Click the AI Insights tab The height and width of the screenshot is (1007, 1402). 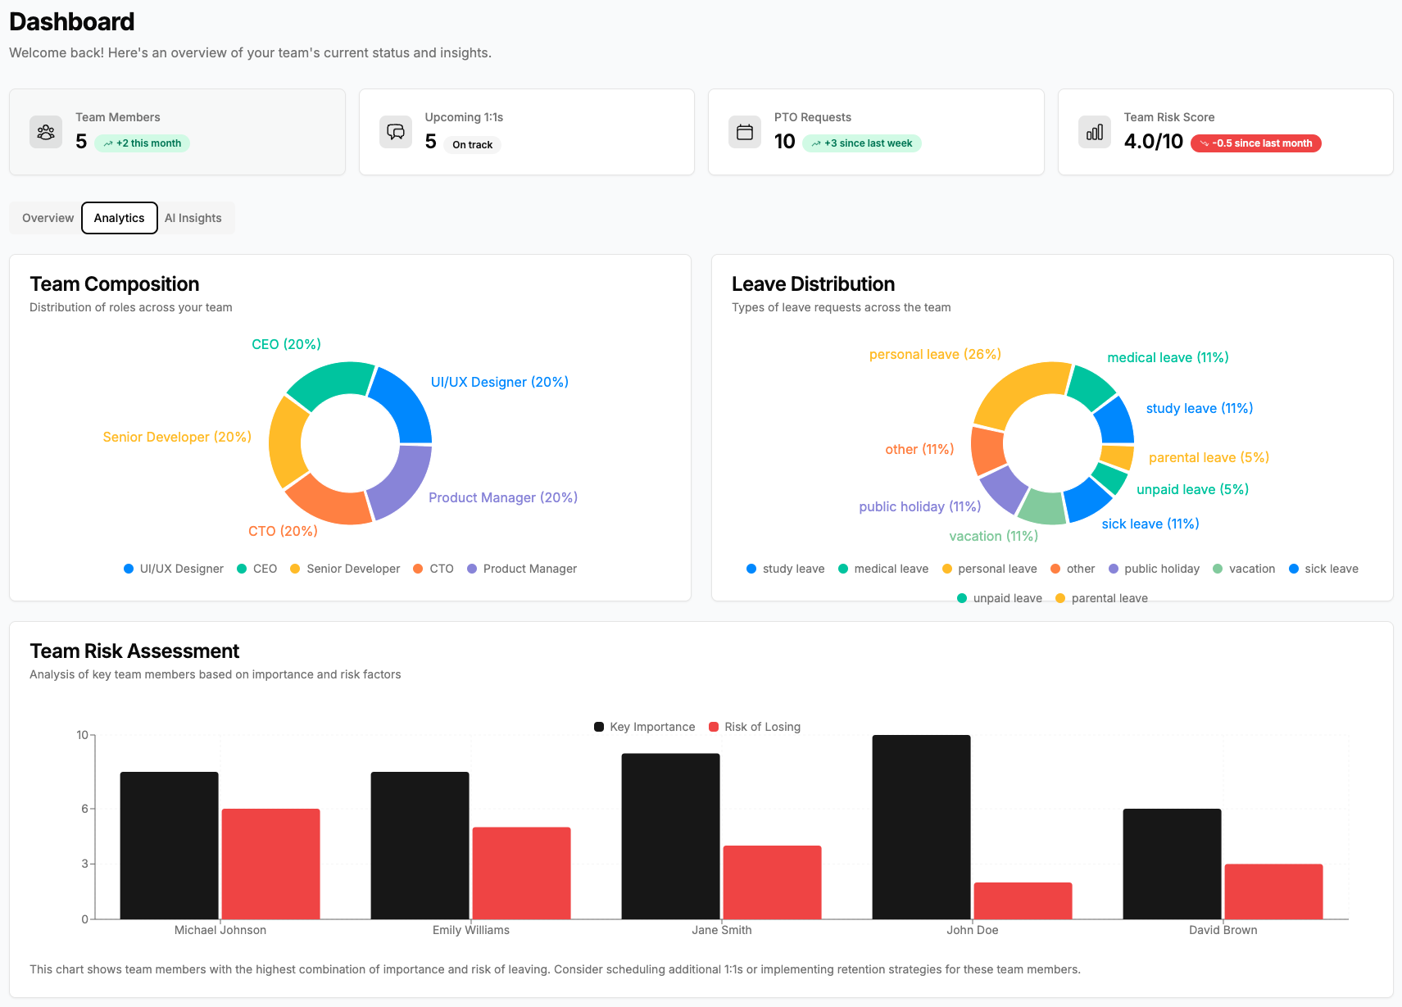(193, 218)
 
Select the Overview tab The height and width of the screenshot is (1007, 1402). (48, 218)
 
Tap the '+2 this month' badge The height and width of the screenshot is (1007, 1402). (143, 143)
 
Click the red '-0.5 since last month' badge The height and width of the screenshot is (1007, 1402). (1255, 143)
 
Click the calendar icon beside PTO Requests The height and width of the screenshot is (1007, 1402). (744, 132)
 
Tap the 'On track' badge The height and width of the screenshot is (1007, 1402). (472, 145)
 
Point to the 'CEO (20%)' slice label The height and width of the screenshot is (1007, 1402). (286, 344)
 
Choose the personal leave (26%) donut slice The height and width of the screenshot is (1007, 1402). (1017, 392)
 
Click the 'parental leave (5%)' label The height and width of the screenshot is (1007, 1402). (1209, 457)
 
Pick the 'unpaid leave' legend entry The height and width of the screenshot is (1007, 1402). (1000, 598)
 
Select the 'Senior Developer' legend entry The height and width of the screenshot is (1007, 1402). (345, 569)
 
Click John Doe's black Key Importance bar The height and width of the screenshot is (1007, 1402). (921, 828)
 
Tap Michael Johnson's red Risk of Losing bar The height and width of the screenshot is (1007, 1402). (270, 864)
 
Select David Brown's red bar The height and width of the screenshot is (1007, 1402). (1273, 891)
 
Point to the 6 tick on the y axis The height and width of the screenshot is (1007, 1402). (84, 809)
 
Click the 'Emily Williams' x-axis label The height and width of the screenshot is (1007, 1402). (470, 930)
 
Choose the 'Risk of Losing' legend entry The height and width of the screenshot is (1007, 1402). (755, 727)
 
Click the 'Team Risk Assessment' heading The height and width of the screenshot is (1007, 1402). (134, 651)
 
